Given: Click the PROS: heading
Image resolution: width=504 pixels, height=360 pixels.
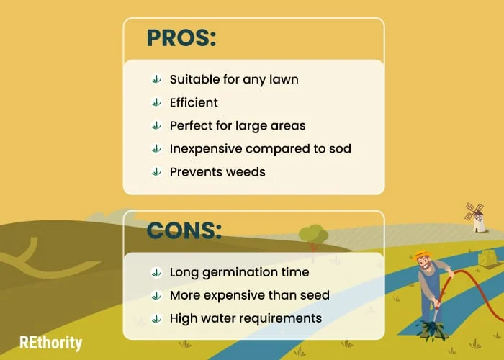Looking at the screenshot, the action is coord(181,38).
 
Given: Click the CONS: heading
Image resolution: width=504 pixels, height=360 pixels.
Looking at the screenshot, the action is coord(184,230).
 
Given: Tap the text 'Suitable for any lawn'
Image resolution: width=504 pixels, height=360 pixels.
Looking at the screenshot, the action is coord(234,79).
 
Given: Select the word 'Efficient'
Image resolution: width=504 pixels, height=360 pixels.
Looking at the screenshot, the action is coord(194,102).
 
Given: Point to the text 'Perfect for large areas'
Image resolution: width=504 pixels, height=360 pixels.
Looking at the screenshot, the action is coord(238,126).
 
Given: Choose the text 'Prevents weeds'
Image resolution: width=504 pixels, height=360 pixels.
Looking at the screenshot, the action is coord(217,172).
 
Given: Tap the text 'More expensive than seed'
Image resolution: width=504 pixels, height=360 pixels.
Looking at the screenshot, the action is coord(250,295).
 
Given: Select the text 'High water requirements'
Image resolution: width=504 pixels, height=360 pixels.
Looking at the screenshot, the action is coord(246,318).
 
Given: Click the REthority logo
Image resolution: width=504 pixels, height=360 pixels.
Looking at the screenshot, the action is coord(51,343).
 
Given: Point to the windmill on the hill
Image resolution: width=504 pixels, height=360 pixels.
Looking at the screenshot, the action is coord(476,217).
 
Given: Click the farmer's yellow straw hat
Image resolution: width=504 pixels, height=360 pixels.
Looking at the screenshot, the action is coord(423,255).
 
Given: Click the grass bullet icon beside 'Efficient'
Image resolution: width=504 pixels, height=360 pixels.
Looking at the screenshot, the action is coord(156,102).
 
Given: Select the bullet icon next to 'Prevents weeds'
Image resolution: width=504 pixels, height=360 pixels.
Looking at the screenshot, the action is coord(156,172).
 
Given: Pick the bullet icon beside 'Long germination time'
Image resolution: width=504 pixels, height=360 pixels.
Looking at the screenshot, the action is coord(156,273).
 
